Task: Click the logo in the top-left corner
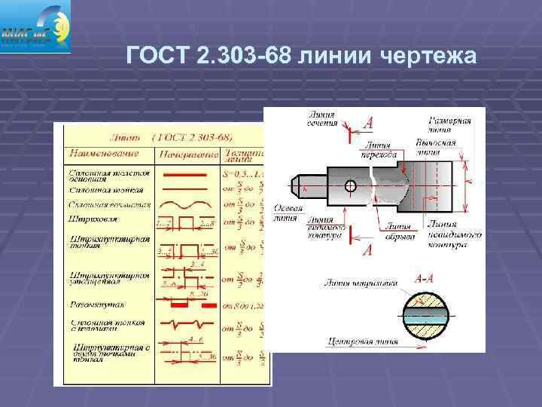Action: tap(35, 27)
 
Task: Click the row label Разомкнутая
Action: tap(97, 304)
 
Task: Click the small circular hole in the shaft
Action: tap(350, 185)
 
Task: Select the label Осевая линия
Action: tap(288, 214)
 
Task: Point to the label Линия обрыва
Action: tap(399, 231)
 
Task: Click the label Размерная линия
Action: tap(449, 125)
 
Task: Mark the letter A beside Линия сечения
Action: tap(368, 122)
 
